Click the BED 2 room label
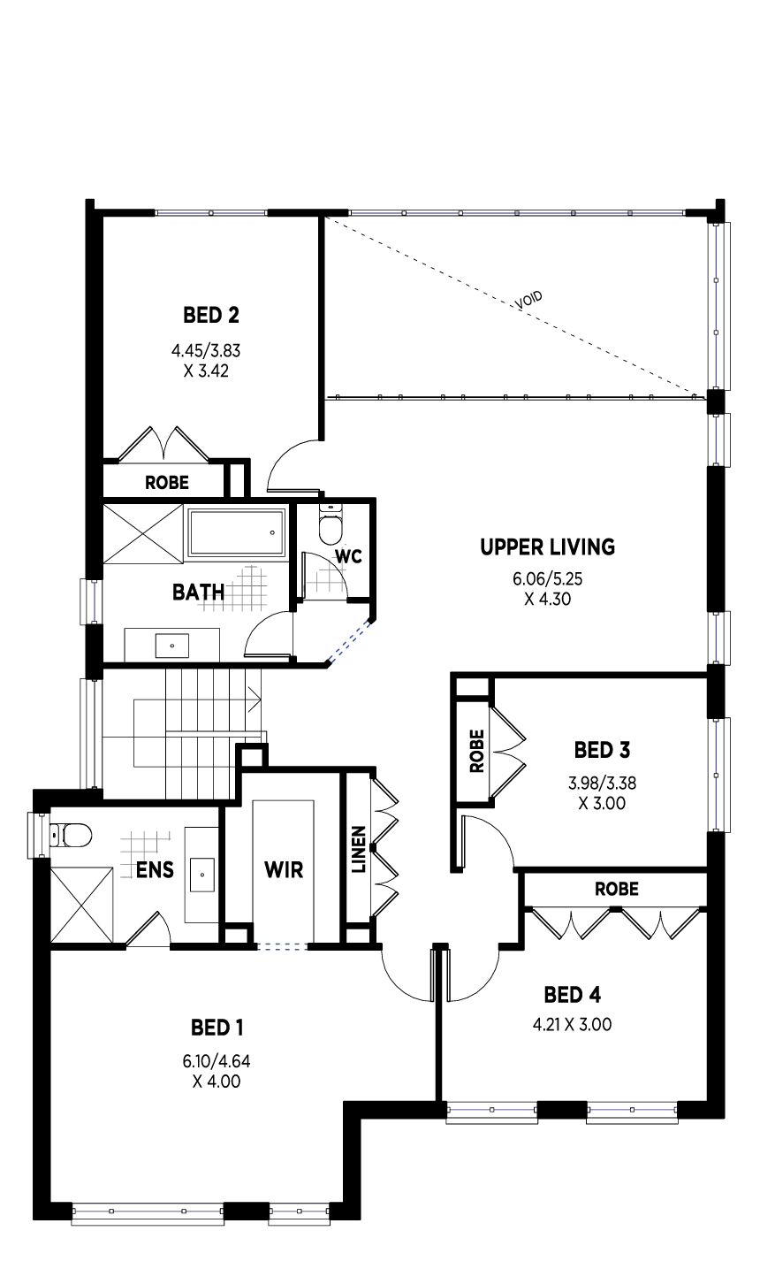point(211,315)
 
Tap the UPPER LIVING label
point(547,547)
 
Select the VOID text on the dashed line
point(529,301)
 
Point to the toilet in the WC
point(331,524)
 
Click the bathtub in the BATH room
point(237,532)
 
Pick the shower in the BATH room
point(142,533)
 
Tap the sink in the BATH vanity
point(172,646)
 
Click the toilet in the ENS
point(70,835)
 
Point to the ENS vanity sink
point(202,874)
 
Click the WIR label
point(284,869)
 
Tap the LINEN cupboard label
point(359,849)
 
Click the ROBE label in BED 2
point(167,483)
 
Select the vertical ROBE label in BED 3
point(477,751)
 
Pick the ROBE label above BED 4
point(617,889)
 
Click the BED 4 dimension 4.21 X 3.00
point(572,1024)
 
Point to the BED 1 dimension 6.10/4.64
point(217,1060)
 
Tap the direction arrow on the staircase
point(254,701)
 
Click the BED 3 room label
point(602,750)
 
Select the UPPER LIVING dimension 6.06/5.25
point(548,578)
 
